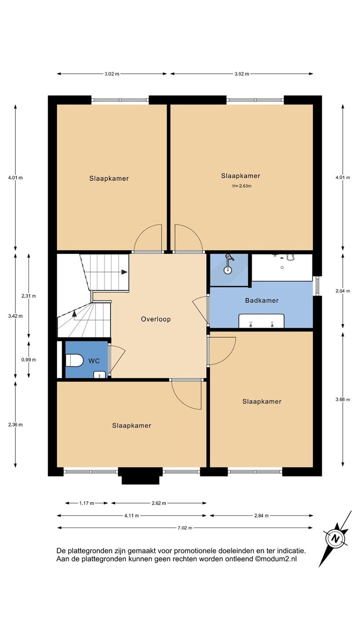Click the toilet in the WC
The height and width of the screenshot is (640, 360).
[74, 360]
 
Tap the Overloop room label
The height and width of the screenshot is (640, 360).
[156, 319]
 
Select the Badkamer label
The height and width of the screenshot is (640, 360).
[262, 300]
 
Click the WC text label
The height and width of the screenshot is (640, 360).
[94, 361]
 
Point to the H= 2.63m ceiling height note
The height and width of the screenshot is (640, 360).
[242, 186]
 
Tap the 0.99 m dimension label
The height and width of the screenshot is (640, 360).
[28, 360]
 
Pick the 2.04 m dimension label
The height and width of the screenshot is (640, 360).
[343, 291]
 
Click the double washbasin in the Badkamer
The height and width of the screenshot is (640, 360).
[261, 321]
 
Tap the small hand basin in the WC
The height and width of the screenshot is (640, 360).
[100, 375]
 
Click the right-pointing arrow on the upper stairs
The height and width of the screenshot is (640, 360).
[124, 272]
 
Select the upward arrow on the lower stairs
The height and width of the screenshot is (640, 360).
[74, 314]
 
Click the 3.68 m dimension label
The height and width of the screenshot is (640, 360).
[343, 400]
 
